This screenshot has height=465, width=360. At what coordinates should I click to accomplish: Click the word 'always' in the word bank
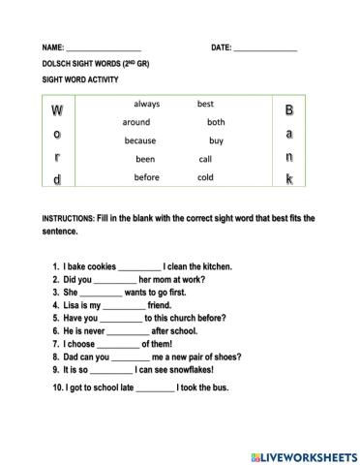(147, 104)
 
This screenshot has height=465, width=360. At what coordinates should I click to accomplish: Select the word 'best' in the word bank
(205, 104)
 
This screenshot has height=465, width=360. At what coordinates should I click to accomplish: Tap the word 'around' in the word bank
(136, 122)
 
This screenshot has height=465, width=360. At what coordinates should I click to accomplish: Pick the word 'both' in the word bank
(216, 122)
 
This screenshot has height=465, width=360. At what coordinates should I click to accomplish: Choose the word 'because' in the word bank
(140, 140)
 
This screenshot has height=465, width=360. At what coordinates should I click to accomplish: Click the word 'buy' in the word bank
(216, 140)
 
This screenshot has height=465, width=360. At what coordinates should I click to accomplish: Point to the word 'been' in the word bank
(145, 159)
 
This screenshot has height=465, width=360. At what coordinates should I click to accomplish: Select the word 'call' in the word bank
(205, 159)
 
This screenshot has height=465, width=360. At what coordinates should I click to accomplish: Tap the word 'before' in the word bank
(146, 177)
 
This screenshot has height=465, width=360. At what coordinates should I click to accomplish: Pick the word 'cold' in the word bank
(205, 177)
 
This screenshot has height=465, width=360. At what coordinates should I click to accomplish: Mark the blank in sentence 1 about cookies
(141, 267)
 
